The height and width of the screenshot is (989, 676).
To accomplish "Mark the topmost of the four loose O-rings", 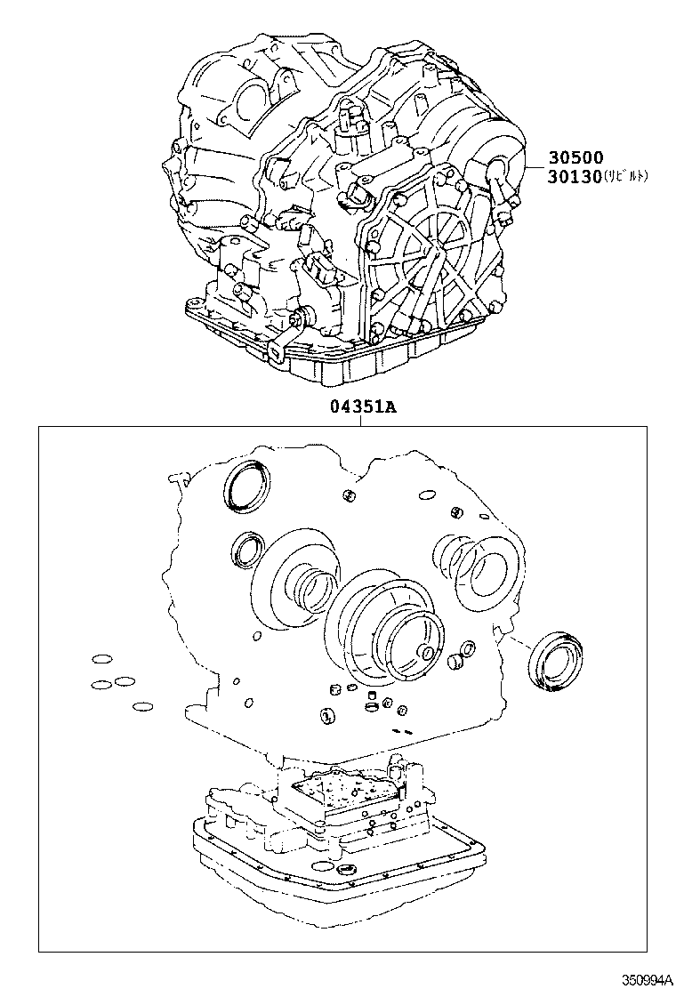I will coord(102,660).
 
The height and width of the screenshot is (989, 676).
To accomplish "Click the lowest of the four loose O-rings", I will coord(141,707).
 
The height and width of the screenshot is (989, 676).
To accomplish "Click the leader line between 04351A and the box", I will coord(359,421).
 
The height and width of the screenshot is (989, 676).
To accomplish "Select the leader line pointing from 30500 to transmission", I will coord(537,167).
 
